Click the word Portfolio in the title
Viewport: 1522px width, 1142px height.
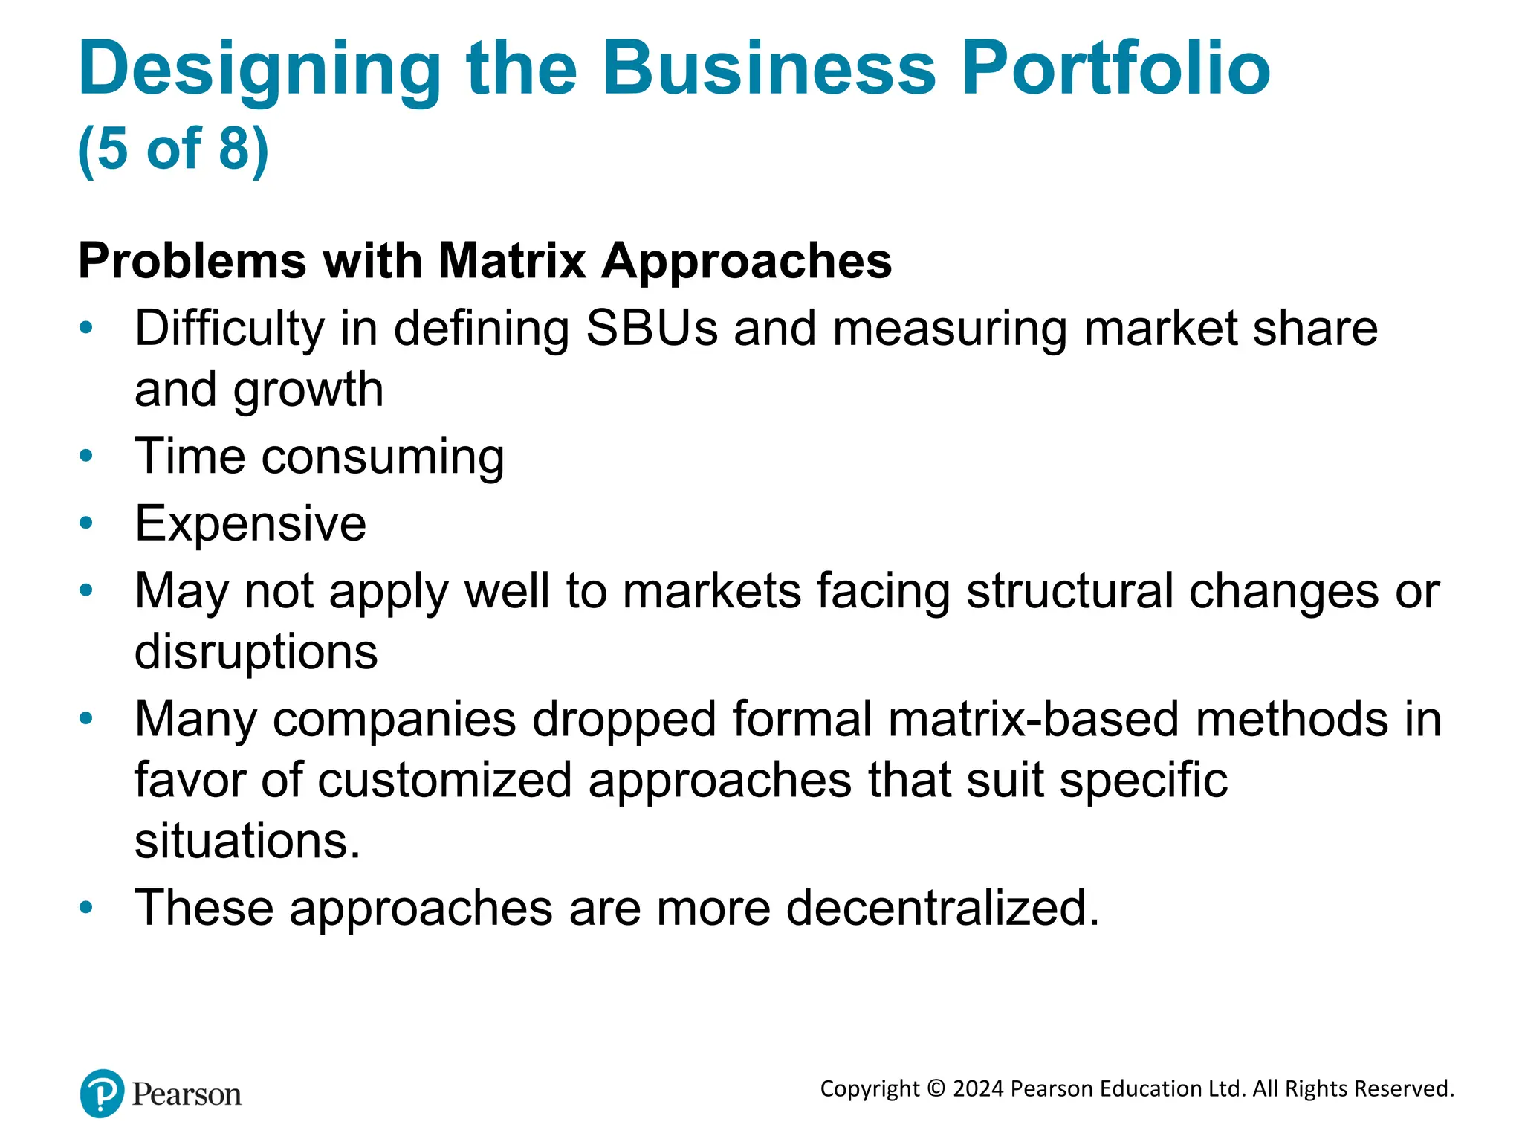1115,69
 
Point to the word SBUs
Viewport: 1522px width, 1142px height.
652,328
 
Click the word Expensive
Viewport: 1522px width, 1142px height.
250,523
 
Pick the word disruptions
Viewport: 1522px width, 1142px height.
256,652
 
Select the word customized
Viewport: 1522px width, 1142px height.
445,781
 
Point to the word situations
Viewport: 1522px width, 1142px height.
247,841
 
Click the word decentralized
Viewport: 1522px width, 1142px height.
942,909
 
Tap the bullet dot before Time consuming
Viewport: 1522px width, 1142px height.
86,455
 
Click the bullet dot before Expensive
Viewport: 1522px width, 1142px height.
86,523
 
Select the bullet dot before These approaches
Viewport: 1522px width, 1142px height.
86,907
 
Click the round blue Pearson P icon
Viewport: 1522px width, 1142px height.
102,1094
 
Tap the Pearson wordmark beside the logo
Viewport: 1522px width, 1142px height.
187,1095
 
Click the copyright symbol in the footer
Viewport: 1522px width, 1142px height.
936,1088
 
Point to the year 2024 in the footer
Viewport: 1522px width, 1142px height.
978,1088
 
